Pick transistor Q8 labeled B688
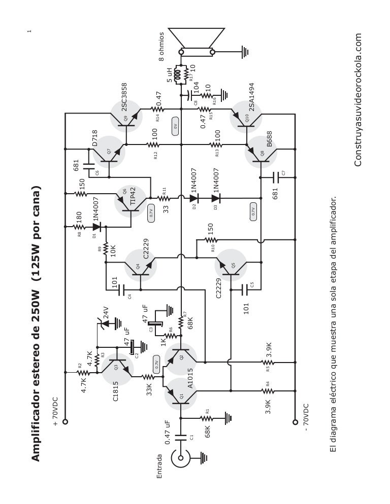pyautogui.click(x=259, y=154)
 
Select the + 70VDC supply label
pyautogui.click(x=55, y=414)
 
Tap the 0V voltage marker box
pyautogui.click(x=175, y=126)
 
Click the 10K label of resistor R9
pyautogui.click(x=113, y=250)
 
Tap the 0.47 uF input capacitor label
pyautogui.click(x=169, y=431)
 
